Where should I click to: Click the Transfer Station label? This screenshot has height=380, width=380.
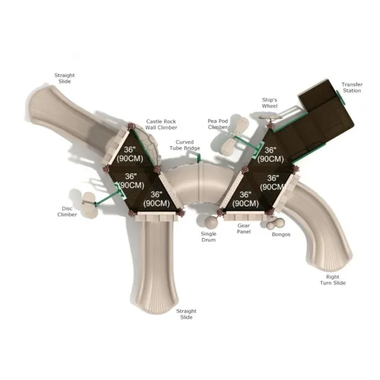pos(352,87)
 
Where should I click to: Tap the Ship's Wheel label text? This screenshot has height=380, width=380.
pos(270,103)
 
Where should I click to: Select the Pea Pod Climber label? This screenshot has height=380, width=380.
pos(218,124)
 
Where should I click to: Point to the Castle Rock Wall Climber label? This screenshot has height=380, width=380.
pos(161,125)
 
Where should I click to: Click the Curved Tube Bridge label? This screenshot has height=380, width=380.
pos(185,145)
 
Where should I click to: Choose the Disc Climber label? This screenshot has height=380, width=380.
pos(67,211)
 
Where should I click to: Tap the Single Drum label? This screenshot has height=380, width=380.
pos(208,237)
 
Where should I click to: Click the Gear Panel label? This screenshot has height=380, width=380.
pos(244,229)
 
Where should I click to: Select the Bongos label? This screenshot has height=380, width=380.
pos(281,234)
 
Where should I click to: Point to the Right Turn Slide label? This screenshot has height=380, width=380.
pos(333,280)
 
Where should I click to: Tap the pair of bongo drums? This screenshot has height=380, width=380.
pos(275,224)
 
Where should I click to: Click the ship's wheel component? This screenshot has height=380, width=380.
pos(270,117)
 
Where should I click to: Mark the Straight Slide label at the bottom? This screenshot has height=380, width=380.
pos(186,314)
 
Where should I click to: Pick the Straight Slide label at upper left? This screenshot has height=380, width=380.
pos(65,79)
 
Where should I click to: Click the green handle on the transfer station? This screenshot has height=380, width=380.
pos(340,97)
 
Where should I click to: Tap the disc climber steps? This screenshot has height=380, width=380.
pos(89,205)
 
